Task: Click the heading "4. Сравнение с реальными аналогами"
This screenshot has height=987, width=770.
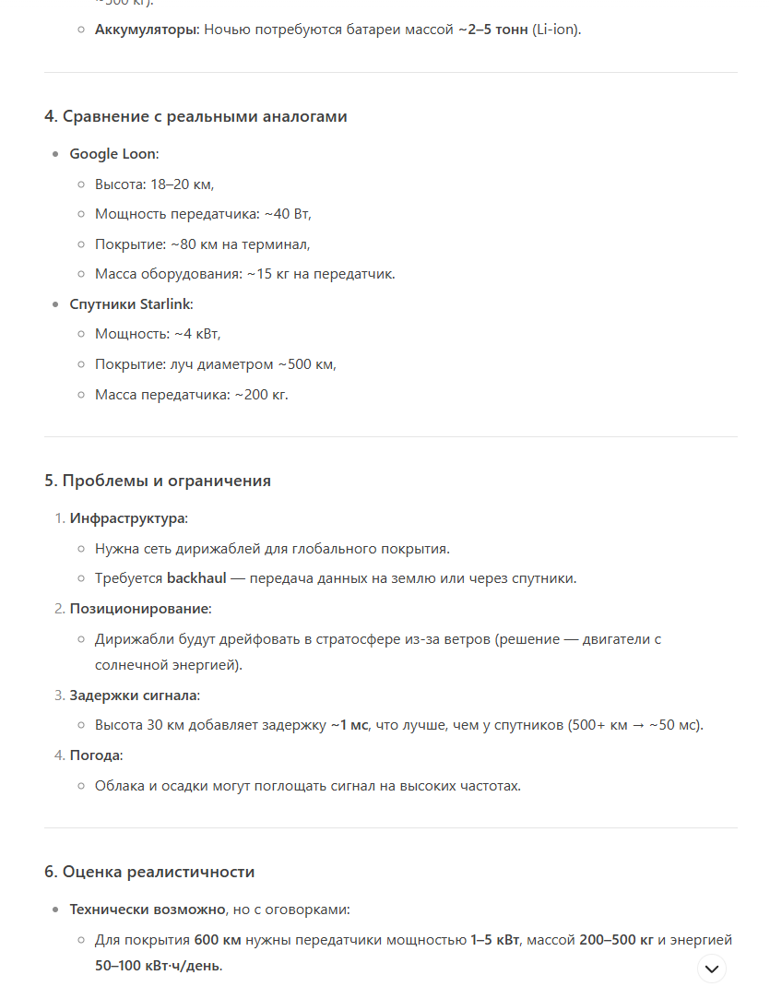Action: [x=195, y=116]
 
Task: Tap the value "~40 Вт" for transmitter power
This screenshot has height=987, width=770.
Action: [x=288, y=214]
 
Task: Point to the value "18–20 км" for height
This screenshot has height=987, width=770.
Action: [x=182, y=184]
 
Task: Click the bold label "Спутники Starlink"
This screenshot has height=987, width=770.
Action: [x=131, y=304]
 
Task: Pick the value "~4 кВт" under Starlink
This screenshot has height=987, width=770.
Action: [x=197, y=334]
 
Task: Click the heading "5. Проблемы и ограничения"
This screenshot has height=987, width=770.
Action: [x=158, y=481]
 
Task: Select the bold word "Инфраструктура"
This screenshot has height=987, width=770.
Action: [x=127, y=518]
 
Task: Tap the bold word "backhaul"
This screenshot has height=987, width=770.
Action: [x=196, y=578]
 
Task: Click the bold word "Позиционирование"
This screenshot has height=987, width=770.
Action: [x=139, y=609]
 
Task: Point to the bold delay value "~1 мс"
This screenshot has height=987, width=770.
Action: [x=350, y=725]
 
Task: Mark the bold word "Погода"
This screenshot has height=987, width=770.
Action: [x=96, y=755]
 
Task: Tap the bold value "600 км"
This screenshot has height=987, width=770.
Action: [x=218, y=940]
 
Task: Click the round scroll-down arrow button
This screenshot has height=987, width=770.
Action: [x=711, y=969]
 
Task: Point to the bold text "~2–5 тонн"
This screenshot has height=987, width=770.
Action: [x=493, y=30]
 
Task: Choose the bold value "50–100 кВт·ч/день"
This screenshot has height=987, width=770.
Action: [x=158, y=967]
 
